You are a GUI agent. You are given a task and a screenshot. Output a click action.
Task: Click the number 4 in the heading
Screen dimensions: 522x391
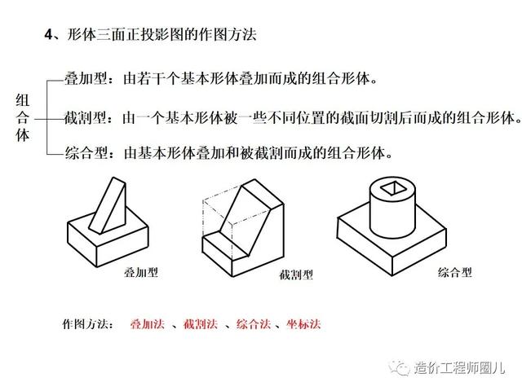tap(49, 34)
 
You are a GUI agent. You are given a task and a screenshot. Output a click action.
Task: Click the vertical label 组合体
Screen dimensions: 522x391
tap(23, 117)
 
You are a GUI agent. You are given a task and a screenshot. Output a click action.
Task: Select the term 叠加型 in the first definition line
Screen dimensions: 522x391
tap(86, 79)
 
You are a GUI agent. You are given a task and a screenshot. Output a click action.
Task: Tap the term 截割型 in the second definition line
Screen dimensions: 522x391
tap(86, 117)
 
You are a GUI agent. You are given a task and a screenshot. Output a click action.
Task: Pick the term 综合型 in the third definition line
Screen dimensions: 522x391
tap(86, 153)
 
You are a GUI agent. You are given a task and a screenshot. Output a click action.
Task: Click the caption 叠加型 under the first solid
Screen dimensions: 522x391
tap(141, 272)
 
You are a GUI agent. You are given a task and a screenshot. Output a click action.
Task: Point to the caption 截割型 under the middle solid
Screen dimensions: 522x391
tap(296, 275)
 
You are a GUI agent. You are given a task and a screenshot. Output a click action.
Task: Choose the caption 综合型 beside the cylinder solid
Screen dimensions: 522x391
tap(455, 273)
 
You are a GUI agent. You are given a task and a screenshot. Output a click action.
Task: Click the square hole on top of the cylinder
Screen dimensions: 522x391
tap(393, 188)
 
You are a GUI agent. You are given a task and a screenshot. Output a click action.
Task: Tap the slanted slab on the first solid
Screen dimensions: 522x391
tap(108, 205)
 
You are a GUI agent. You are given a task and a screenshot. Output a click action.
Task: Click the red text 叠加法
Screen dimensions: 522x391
tap(147, 323)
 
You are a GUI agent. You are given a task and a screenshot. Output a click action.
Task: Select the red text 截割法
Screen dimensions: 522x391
tap(201, 323)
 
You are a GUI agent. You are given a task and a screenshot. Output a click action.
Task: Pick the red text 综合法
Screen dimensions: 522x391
tap(254, 323)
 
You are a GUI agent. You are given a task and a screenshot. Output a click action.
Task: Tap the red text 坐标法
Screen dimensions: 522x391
tap(303, 323)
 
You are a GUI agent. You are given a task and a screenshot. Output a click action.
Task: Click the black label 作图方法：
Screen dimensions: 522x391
tap(87, 323)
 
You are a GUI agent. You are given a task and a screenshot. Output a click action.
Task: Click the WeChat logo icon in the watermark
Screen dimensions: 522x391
tap(399, 367)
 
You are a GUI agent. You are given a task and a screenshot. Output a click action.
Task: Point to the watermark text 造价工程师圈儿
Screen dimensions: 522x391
tap(459, 367)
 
